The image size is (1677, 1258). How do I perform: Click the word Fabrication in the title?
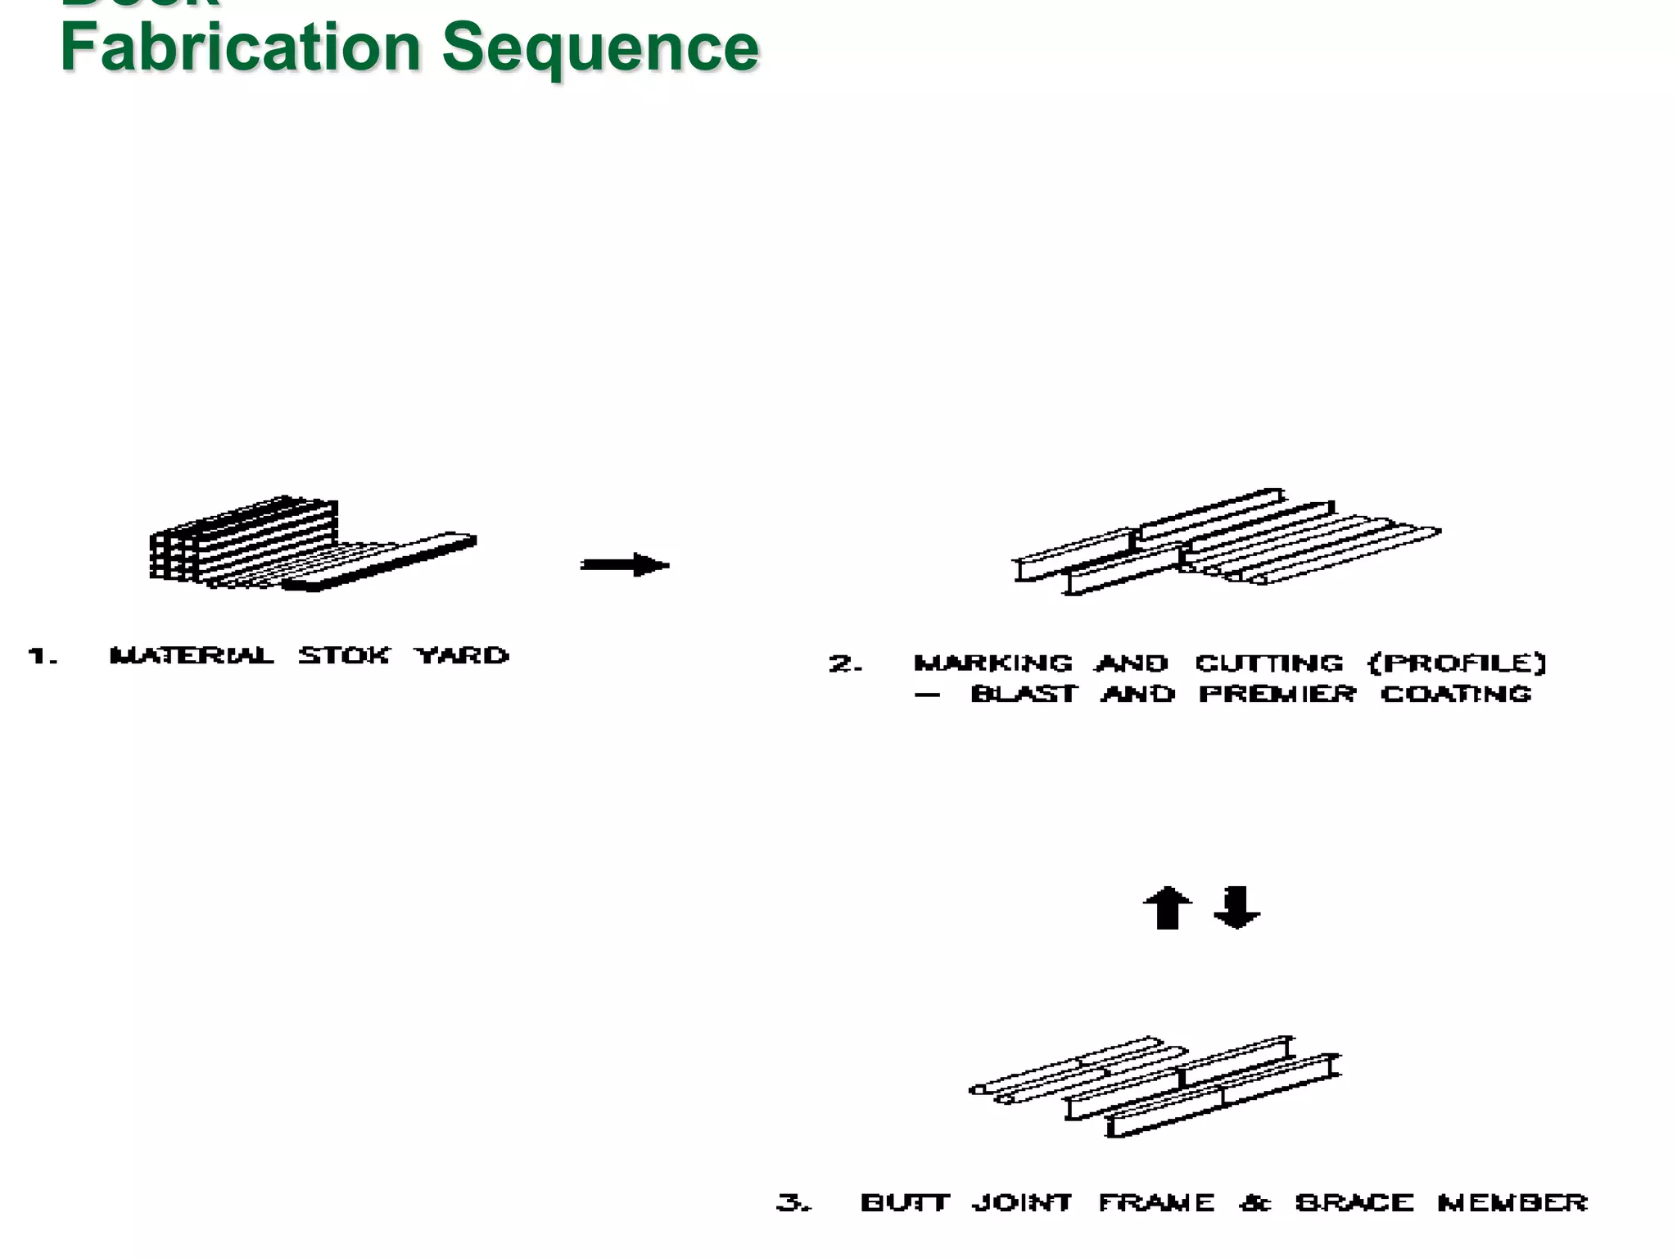pyautogui.click(x=241, y=48)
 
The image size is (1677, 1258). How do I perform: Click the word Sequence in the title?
pyautogui.click(x=600, y=48)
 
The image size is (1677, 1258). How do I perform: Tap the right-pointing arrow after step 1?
pyautogui.click(x=625, y=565)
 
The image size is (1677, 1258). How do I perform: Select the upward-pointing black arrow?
pyautogui.click(x=1167, y=907)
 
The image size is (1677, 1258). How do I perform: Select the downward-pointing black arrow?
pyautogui.click(x=1236, y=907)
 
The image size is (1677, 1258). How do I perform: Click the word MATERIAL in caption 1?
pyautogui.click(x=192, y=655)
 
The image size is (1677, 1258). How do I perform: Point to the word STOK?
pyautogui.click(x=344, y=655)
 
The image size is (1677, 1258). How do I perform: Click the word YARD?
pyautogui.click(x=462, y=655)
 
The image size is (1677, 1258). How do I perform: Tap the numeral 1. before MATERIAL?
pyautogui.click(x=42, y=656)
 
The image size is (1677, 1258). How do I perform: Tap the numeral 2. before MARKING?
pyautogui.click(x=845, y=663)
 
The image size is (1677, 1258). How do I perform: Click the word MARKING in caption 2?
pyautogui.click(x=992, y=663)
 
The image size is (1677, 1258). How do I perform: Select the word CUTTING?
pyautogui.click(x=1269, y=663)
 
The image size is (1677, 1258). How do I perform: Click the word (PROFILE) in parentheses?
pyautogui.click(x=1458, y=663)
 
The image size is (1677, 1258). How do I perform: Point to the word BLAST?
pyautogui.click(x=1024, y=694)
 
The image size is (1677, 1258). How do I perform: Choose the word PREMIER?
pyautogui.click(x=1277, y=694)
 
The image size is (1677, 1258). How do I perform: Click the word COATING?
pyautogui.click(x=1456, y=694)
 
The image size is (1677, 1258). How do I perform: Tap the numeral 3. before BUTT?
pyautogui.click(x=793, y=1202)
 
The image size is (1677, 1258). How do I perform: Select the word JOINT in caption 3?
pyautogui.click(x=1022, y=1202)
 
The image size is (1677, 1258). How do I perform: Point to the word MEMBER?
pyautogui.click(x=1512, y=1202)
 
